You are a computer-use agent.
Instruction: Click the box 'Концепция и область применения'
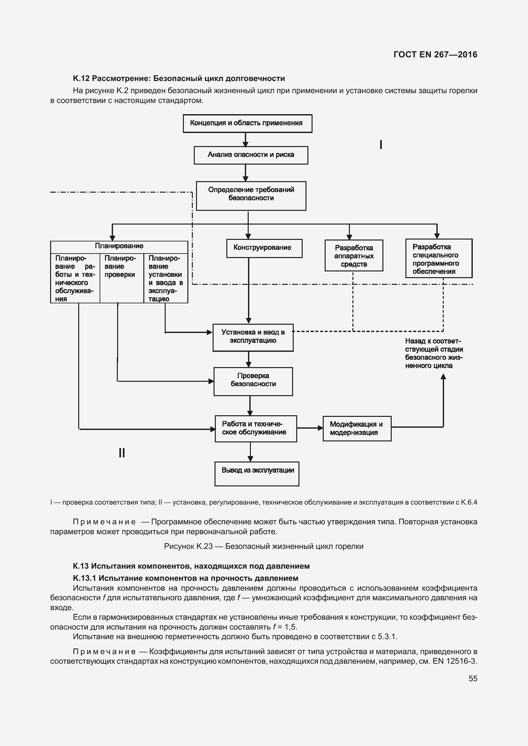point(247,123)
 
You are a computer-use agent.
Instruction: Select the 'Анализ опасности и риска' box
point(251,155)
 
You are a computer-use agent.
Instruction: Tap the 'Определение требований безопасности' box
point(251,196)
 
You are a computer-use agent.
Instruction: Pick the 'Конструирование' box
point(264,248)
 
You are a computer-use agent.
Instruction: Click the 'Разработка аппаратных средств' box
point(354,255)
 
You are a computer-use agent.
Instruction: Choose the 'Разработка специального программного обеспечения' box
point(439,258)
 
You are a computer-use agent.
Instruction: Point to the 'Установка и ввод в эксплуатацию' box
point(253,337)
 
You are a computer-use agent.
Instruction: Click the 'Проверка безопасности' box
point(253,381)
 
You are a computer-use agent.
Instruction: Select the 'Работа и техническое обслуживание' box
point(256,428)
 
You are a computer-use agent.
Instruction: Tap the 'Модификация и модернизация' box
point(357,428)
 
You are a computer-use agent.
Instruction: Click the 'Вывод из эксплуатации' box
point(257,473)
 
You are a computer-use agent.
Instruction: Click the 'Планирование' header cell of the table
point(119,246)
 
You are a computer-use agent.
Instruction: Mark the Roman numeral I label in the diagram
point(381,144)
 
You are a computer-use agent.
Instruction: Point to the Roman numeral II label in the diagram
point(122,453)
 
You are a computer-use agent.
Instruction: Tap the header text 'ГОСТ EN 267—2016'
point(435,55)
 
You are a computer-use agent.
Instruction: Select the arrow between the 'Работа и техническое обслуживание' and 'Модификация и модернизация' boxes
point(310,428)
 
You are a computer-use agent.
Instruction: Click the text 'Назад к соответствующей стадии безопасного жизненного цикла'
point(434,353)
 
